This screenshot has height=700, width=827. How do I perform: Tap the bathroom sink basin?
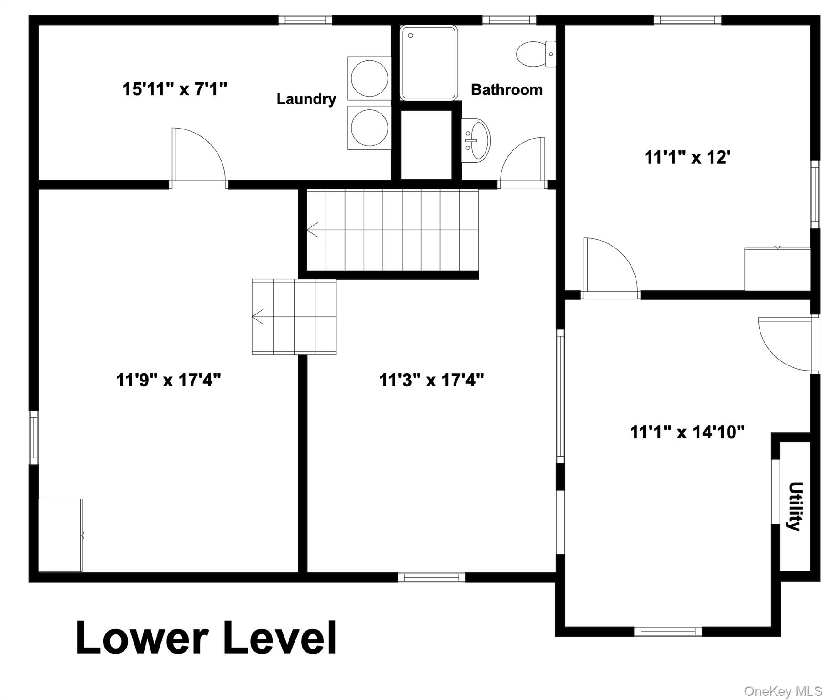click(477, 140)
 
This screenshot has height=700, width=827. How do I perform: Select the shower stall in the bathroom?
click(429, 62)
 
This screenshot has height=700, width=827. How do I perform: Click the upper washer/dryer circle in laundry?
click(369, 78)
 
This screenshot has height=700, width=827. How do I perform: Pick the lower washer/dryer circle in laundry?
click(369, 127)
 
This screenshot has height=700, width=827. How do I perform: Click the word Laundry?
click(306, 99)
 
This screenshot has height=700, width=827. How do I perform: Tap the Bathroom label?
click(507, 90)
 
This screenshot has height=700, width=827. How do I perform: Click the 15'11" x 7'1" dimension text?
click(175, 89)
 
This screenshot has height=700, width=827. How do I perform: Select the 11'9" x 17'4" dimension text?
click(168, 379)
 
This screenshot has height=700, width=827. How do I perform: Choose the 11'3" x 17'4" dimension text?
click(431, 379)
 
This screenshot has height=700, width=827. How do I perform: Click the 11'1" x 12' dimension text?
click(687, 158)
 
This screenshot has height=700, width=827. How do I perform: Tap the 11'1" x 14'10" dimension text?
click(687, 432)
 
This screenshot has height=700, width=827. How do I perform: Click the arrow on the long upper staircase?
click(313, 230)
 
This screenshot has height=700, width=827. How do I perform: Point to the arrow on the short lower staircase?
click(258, 316)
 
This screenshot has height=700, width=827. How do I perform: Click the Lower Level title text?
click(206, 638)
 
